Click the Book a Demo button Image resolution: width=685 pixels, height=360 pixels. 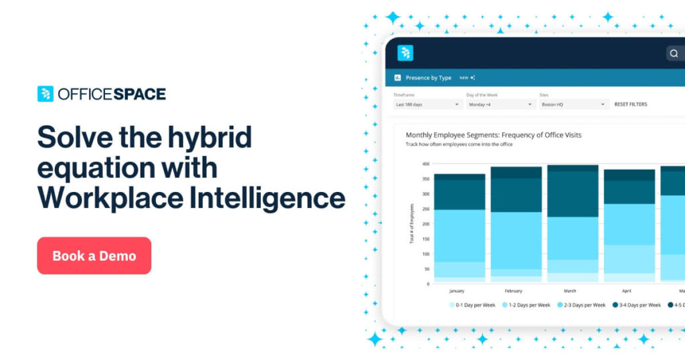pyautogui.click(x=94, y=256)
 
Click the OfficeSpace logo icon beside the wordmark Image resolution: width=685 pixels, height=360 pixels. pyautogui.click(x=45, y=94)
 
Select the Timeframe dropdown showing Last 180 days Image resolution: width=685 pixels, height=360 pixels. pyautogui.click(x=427, y=104)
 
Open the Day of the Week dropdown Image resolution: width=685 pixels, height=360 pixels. pyautogui.click(x=500, y=104)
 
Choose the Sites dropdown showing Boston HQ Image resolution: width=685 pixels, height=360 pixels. pyautogui.click(x=574, y=104)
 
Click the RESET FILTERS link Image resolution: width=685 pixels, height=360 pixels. pyautogui.click(x=630, y=104)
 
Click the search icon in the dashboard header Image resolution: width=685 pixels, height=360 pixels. pyautogui.click(x=674, y=54)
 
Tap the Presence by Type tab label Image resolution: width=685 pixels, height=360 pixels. pyautogui.click(x=428, y=78)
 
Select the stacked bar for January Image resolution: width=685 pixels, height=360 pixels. pyautogui.click(x=459, y=228)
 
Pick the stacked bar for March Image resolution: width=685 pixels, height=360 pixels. pyautogui.click(x=573, y=223)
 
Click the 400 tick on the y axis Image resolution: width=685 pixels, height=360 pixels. pyautogui.click(x=425, y=164)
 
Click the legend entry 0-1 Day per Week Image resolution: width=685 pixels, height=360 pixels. pyautogui.click(x=476, y=305)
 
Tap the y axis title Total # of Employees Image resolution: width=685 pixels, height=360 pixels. pyautogui.click(x=411, y=223)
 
